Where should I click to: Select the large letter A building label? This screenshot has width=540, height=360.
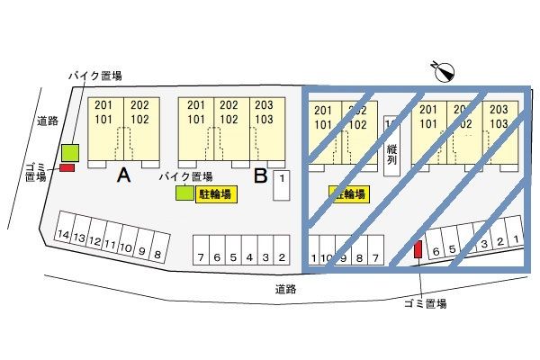point(125,177)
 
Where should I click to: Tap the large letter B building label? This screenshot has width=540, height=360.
point(261,177)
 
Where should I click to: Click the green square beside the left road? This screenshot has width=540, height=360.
point(70,152)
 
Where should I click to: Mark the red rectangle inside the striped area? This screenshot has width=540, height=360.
point(418,249)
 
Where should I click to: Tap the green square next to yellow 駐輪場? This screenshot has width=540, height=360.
point(184,193)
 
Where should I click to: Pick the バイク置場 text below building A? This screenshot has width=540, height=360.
point(185,177)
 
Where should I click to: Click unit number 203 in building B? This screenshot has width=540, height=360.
point(264,104)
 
